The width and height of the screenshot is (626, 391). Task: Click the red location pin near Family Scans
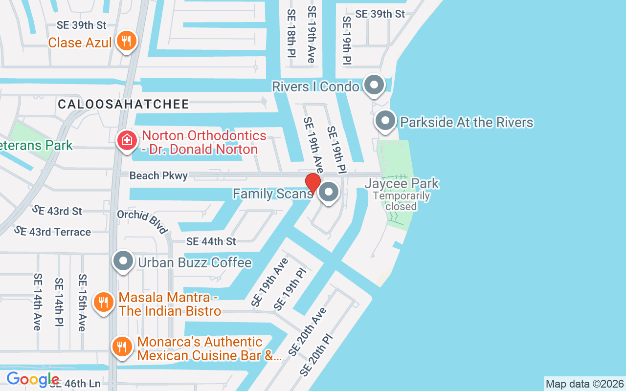(x=313, y=183)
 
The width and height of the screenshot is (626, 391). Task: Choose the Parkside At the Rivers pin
(x=385, y=121)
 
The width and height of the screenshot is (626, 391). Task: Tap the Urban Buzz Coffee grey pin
(x=123, y=261)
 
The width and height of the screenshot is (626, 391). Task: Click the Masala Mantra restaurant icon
(x=103, y=303)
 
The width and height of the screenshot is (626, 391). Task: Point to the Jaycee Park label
(x=402, y=184)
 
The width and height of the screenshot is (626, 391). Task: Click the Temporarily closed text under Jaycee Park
(x=401, y=201)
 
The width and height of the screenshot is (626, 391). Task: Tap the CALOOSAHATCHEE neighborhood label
(x=123, y=104)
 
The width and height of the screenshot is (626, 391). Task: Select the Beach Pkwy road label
(x=158, y=176)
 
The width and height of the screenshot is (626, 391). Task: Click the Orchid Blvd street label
(x=142, y=222)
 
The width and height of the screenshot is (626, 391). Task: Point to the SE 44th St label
(x=211, y=241)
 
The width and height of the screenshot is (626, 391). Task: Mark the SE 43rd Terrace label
(x=52, y=231)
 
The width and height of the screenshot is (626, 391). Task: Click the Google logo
(x=33, y=379)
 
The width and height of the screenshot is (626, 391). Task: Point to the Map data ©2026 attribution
(x=584, y=384)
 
